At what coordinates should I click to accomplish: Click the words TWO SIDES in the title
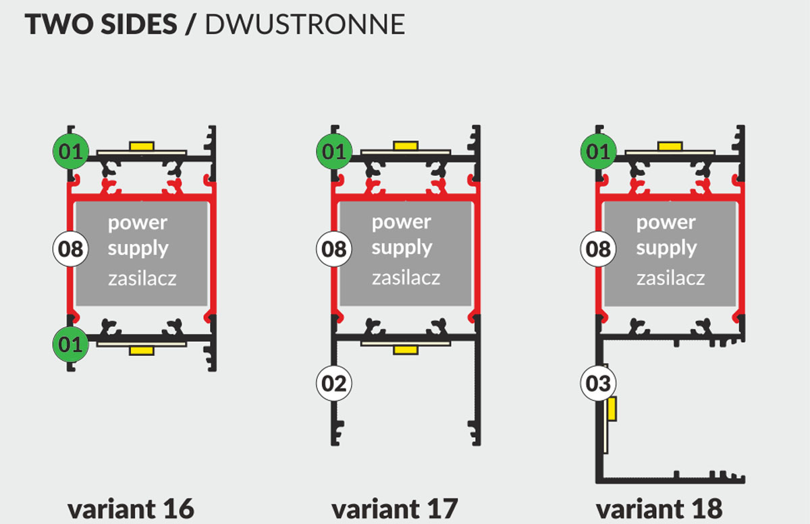(x=101, y=24)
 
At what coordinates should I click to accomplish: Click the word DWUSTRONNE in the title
(x=304, y=24)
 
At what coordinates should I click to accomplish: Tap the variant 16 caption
(x=131, y=508)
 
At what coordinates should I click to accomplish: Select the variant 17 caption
(x=395, y=508)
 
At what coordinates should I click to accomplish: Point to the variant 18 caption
(x=659, y=508)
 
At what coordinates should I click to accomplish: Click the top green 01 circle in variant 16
(x=69, y=152)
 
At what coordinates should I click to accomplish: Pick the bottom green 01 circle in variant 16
(x=69, y=345)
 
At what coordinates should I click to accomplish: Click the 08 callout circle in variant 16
(x=70, y=249)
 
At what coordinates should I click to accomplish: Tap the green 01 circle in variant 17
(x=333, y=152)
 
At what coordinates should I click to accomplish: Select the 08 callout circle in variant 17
(x=333, y=249)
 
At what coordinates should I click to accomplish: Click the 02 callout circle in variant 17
(x=333, y=383)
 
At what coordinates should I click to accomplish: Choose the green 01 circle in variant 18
(x=598, y=152)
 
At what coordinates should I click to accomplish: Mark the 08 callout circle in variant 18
(x=598, y=249)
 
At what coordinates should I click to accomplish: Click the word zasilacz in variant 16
(x=142, y=278)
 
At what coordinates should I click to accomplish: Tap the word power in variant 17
(x=402, y=221)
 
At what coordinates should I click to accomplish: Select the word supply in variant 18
(x=666, y=248)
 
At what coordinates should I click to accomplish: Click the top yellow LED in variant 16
(x=142, y=145)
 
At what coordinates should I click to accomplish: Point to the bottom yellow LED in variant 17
(x=406, y=349)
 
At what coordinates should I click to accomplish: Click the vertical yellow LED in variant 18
(x=612, y=409)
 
